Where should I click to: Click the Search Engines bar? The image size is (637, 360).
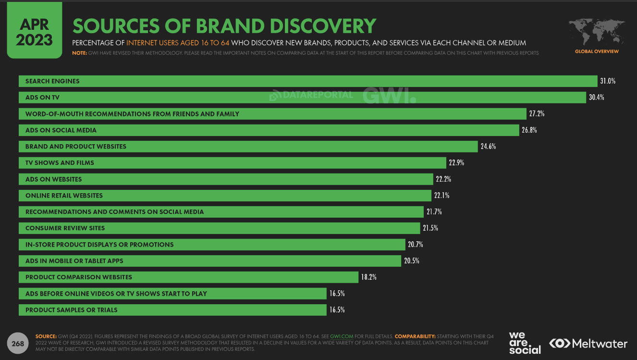coord(307,81)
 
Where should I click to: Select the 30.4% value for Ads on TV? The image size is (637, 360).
coord(596,98)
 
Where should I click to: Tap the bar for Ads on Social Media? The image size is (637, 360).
coord(269,130)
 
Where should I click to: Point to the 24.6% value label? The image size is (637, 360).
coord(488,147)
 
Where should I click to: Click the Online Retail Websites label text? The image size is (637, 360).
coord(64,196)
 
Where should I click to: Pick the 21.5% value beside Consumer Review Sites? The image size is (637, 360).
coord(430,228)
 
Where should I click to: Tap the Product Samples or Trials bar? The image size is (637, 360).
coord(172,310)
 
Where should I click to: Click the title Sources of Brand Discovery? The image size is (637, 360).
coord(224,26)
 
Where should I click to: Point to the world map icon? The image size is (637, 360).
coord(596,32)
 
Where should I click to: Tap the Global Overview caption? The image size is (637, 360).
coord(597,51)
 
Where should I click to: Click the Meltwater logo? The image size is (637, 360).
coord(588,344)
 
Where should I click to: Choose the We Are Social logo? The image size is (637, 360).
coord(525,342)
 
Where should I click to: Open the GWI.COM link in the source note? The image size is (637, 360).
coord(342,336)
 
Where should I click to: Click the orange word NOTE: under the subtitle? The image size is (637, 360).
coord(79,53)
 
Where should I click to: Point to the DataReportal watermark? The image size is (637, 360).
coord(311,95)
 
